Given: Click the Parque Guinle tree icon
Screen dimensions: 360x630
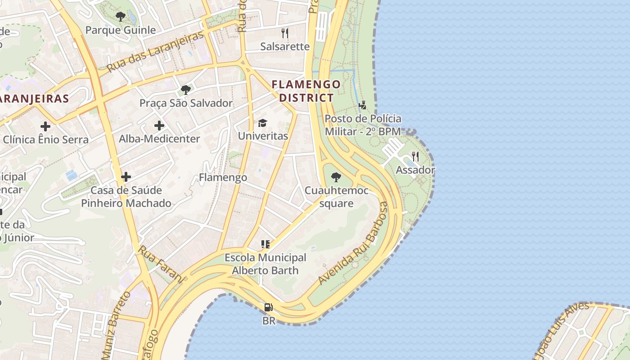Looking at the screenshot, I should point(120,17).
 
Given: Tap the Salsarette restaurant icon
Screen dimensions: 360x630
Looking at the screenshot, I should point(284,33).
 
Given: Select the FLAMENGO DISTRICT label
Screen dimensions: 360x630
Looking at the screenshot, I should point(306,91).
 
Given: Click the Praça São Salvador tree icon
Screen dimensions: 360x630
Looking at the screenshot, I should point(185,90).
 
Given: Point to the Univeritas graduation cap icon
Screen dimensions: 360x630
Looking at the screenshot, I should point(262,123).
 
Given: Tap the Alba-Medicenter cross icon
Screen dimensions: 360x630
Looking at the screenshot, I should point(159,126).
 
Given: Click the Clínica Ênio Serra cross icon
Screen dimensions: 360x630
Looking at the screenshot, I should point(45,126).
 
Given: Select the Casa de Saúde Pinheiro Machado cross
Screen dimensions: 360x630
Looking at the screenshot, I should point(126,177).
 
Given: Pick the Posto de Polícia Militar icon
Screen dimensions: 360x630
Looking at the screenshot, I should point(362,106).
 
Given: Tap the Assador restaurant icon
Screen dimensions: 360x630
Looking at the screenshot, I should point(415,157).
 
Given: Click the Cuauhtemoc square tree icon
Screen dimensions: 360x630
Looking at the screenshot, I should point(336,177).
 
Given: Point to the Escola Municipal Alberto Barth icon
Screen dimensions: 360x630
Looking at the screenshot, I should point(265,244).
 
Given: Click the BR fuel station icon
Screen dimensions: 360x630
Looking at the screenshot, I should point(269,307).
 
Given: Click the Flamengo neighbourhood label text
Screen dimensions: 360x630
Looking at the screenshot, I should point(223,177).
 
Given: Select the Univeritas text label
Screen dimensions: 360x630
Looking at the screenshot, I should point(263,136).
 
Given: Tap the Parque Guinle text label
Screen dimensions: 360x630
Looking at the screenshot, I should point(121,30).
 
